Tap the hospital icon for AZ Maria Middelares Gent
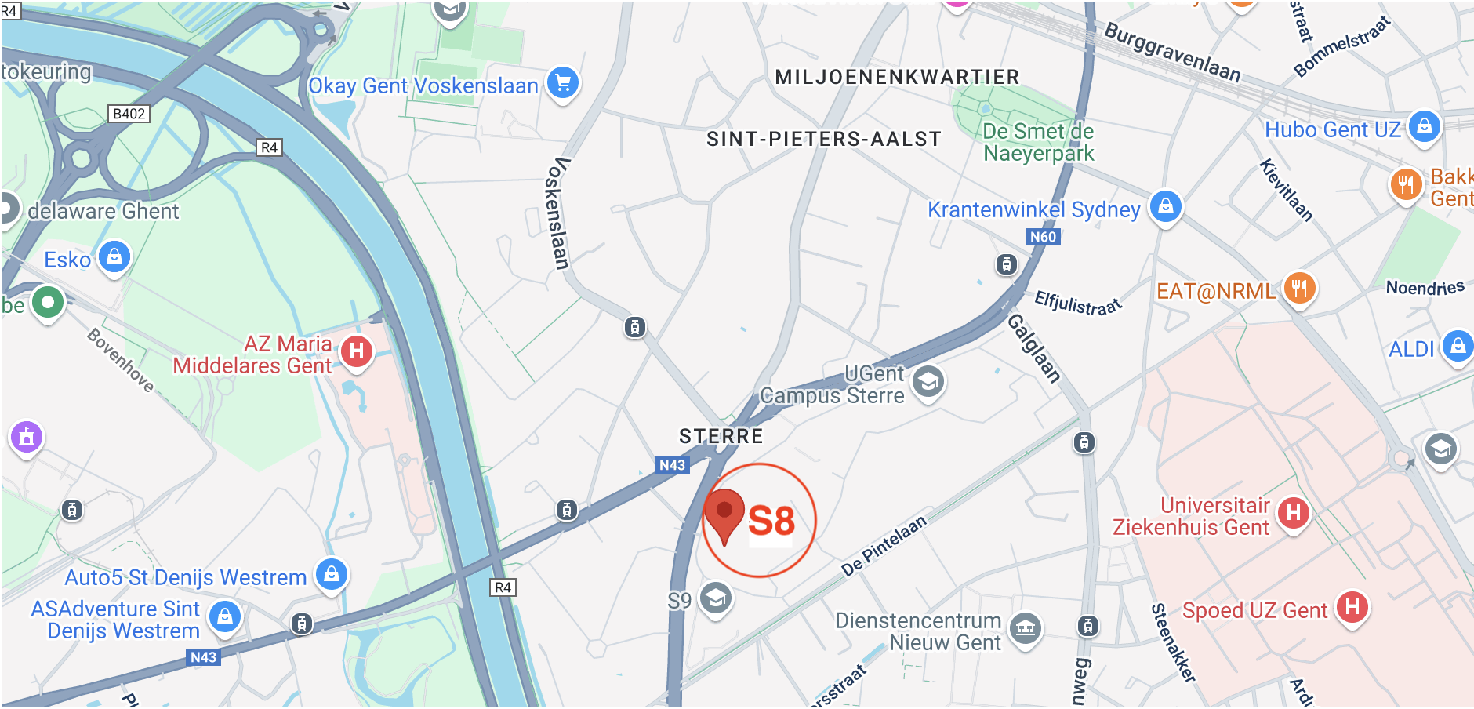[357, 351]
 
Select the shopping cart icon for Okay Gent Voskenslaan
[563, 82]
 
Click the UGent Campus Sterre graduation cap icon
[928, 383]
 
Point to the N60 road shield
[1043, 237]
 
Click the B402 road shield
[129, 114]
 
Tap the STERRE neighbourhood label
[721, 436]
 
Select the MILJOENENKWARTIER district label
[897, 77]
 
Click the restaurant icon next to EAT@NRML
[1299, 288]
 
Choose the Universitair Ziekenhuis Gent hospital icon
[1294, 514]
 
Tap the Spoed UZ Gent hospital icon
[1352, 606]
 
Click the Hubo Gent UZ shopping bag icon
[1425, 125]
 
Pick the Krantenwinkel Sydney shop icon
[1166, 206]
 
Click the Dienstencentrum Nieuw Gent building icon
[1026, 627]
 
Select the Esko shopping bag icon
[114, 256]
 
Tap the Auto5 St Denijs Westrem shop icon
[332, 574]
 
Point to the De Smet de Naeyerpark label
[1038, 142]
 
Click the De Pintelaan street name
[884, 546]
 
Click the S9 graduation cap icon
[715, 599]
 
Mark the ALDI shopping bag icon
[1458, 345]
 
